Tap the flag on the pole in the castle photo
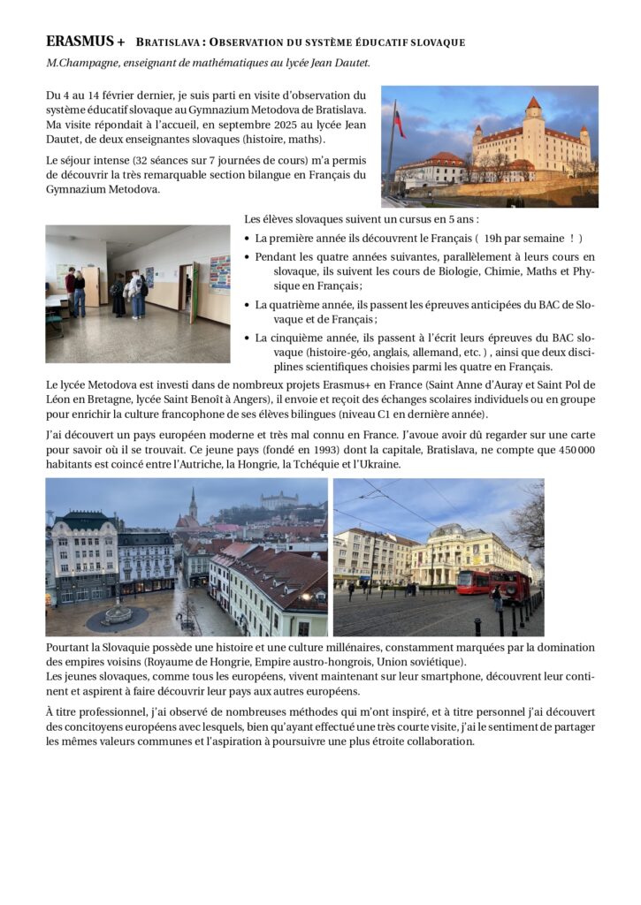[x=400, y=120]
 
